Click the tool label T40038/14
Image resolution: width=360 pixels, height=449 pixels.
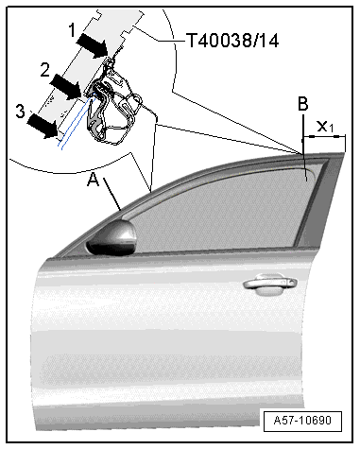tap(232, 41)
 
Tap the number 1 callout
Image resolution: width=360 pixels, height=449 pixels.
tap(72, 30)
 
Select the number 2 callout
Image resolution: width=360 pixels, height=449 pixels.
tap(45, 70)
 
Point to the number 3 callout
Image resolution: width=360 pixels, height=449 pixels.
tap(21, 111)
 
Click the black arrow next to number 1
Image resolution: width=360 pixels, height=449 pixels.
tap(93, 45)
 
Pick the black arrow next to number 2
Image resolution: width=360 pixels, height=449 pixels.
tap(66, 86)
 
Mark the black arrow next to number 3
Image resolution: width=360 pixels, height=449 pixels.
tap(43, 126)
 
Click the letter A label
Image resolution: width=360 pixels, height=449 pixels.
tap(94, 180)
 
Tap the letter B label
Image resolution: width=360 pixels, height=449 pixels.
tap(303, 104)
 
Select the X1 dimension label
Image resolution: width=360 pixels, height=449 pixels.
tap(325, 127)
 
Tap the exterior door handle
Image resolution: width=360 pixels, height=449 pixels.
tap(270, 284)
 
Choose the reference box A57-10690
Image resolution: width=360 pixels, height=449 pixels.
tap(302, 421)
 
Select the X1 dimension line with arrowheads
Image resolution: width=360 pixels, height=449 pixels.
tap(324, 136)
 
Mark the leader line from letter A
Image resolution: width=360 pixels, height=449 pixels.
tap(112, 195)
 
